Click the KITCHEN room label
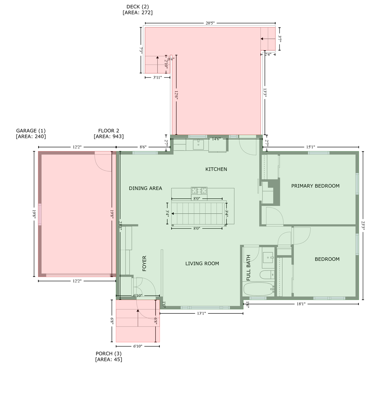tap(216, 169)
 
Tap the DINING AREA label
tap(145, 188)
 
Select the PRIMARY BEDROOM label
tap(315, 186)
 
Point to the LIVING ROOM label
tap(202, 263)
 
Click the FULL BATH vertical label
tap(248, 267)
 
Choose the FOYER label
tap(144, 263)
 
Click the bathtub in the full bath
tap(259, 289)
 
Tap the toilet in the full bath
tap(267, 275)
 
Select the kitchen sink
tap(198, 145)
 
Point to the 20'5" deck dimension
tap(210, 23)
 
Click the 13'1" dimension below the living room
tap(201, 313)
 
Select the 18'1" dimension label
tap(301, 304)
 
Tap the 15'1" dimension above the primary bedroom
tap(310, 147)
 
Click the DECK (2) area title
tap(137, 7)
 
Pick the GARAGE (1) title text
tap(31, 131)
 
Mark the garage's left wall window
tap(40, 214)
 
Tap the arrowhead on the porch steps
tap(138, 310)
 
